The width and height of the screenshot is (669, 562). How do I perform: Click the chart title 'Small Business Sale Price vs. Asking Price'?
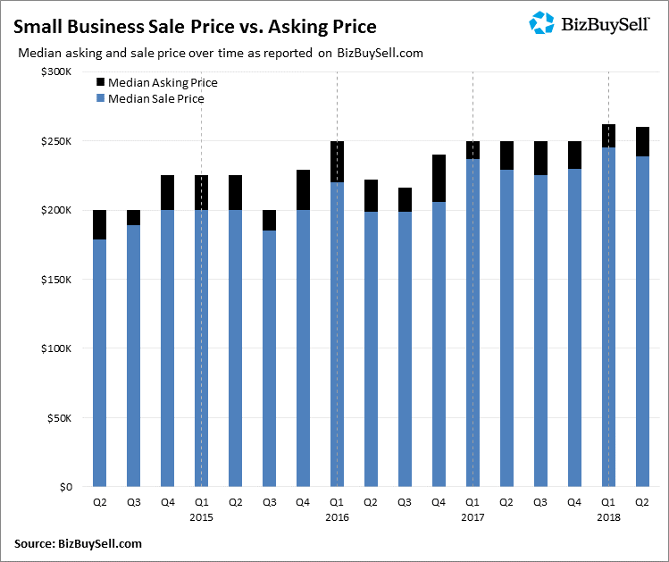[194, 26]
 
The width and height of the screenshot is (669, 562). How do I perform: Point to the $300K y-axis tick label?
[57, 71]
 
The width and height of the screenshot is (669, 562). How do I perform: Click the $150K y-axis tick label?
[57, 280]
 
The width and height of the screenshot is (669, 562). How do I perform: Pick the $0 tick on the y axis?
[66, 487]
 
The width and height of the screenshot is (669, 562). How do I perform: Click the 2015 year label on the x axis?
[202, 516]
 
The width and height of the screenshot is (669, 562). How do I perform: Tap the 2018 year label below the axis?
[608, 516]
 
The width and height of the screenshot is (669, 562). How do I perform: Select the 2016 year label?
[337, 516]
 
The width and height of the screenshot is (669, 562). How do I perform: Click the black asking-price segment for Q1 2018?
[608, 136]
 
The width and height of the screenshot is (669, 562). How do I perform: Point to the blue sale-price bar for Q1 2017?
[472, 322]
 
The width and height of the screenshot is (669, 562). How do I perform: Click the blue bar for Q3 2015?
[269, 357]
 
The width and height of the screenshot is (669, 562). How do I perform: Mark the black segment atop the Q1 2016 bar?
[337, 162]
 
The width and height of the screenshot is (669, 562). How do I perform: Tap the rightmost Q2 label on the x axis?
[641, 502]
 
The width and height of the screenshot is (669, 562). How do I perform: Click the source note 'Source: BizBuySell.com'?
[78, 543]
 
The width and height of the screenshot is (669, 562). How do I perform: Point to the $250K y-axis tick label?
[57, 141]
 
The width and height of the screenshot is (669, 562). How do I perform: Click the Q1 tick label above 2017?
[472, 502]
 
